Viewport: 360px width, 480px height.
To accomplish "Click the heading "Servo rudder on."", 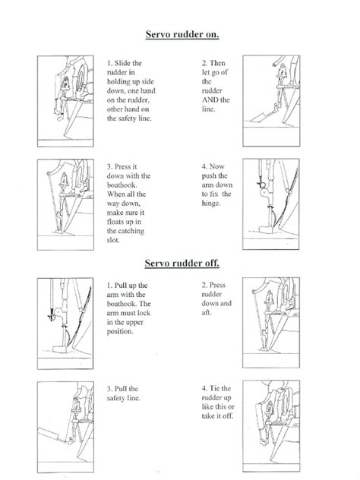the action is click(x=182, y=35).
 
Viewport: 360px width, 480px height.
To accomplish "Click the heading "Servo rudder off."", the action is click(x=182, y=264).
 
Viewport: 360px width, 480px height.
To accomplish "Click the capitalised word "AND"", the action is click(x=210, y=99).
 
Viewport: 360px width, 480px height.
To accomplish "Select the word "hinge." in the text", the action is click(x=211, y=204).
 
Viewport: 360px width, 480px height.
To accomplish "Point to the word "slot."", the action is click(x=113, y=240).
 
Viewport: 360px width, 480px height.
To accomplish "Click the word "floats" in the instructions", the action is click(x=116, y=222).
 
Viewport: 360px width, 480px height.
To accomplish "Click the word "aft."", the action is click(x=207, y=313).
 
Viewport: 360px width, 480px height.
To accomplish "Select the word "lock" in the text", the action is click(x=144, y=313).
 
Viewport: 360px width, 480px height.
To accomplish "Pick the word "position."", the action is click(x=120, y=332).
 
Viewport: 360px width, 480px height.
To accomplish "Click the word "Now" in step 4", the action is click(x=217, y=166).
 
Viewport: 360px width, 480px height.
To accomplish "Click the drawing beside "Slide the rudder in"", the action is click(x=65, y=101).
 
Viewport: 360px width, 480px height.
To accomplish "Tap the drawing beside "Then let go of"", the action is click(x=271, y=101).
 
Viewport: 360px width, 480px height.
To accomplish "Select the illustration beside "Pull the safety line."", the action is click(x=65, y=427).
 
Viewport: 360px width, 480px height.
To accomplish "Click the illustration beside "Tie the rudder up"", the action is click(x=271, y=426).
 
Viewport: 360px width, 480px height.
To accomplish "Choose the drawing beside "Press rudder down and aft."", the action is click(x=271, y=323).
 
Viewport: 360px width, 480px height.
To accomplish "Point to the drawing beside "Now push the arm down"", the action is click(x=271, y=204).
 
